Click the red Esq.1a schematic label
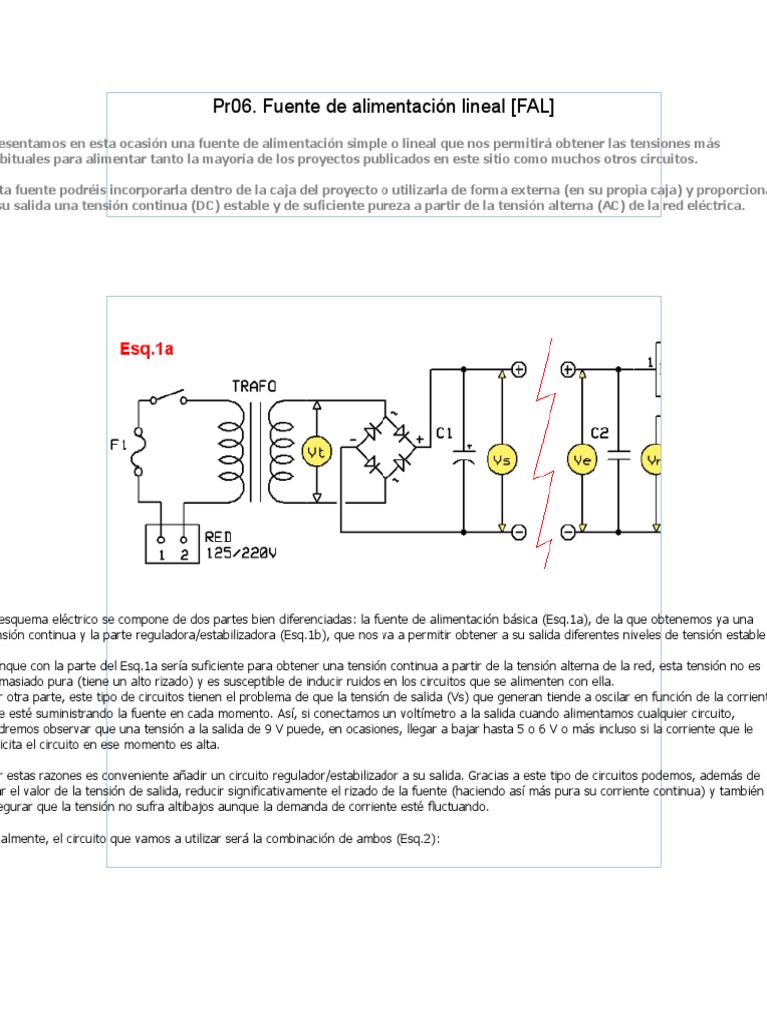(x=147, y=349)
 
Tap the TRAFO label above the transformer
(x=255, y=386)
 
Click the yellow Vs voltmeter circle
(x=502, y=459)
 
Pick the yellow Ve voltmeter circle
(x=581, y=459)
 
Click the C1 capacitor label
(x=445, y=433)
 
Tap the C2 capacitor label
(x=599, y=433)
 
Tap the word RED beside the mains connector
(x=218, y=537)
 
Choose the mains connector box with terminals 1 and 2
(x=172, y=544)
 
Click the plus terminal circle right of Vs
(x=519, y=369)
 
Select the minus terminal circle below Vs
(x=519, y=533)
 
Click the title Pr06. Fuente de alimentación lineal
(x=383, y=106)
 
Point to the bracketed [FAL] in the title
(x=531, y=106)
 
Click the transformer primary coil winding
(x=225, y=456)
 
